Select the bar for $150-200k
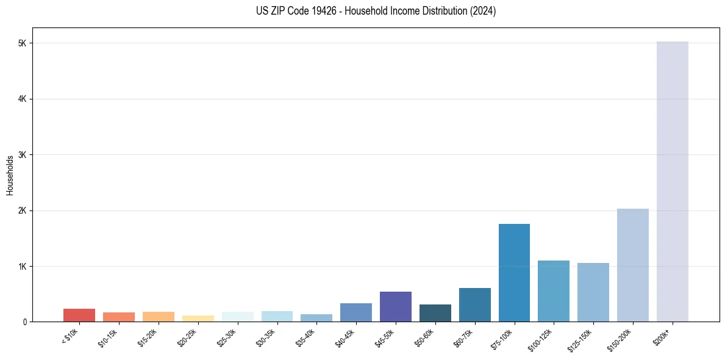tap(632, 265)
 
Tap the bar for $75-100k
tap(514, 273)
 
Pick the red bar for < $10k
tap(79, 315)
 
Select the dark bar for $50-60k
tap(435, 312)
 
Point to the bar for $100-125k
tap(554, 291)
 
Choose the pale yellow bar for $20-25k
tap(198, 318)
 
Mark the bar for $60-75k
tap(474, 304)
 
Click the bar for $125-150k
tap(593, 292)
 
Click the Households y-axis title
tap(10, 175)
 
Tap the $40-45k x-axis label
tap(345, 337)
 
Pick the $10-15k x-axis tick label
tap(108, 337)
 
